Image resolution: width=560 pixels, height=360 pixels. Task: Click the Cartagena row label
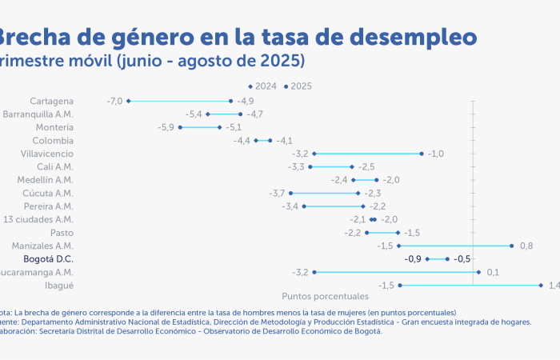[x=51, y=101]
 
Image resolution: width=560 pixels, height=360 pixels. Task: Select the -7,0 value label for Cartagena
[x=114, y=101]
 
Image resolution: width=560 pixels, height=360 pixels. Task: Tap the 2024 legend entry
[x=262, y=86]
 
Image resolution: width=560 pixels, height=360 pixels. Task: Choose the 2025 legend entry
[x=298, y=86]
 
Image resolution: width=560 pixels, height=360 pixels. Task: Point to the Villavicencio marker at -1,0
[x=422, y=153]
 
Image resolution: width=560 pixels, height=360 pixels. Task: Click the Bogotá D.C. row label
[x=48, y=259]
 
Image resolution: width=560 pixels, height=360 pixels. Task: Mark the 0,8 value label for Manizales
[x=526, y=246]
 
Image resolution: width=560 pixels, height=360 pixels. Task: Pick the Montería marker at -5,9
[x=180, y=127]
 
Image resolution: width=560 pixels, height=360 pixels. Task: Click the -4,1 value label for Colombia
[x=284, y=140]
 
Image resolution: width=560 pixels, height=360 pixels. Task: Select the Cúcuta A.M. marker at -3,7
[x=290, y=193]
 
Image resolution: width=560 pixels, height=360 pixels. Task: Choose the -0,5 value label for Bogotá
[x=462, y=259]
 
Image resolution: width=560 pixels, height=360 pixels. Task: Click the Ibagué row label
[x=59, y=286]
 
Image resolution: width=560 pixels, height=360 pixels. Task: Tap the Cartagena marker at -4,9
[x=230, y=101]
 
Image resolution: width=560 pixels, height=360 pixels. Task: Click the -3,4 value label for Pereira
[x=290, y=206]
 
